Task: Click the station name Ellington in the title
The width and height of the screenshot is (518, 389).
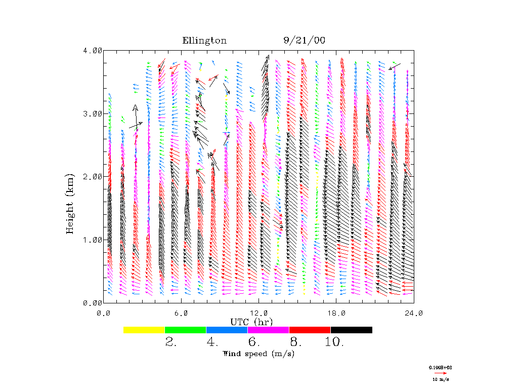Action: (x=204, y=41)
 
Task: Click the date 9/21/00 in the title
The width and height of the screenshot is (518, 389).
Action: (x=305, y=41)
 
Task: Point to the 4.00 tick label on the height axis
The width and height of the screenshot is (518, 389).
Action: (x=93, y=51)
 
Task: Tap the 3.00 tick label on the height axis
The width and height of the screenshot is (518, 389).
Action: (x=93, y=113)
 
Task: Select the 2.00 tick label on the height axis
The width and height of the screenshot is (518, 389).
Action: (x=93, y=176)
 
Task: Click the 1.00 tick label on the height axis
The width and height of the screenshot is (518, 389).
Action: (x=93, y=240)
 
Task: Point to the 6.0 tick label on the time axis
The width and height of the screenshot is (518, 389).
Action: (x=182, y=314)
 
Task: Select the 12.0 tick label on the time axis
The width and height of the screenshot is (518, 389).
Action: (x=259, y=314)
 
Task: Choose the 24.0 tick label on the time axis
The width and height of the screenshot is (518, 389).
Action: (x=414, y=314)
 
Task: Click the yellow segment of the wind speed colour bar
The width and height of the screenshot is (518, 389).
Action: (x=144, y=330)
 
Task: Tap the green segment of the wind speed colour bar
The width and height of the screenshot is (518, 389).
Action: (x=186, y=330)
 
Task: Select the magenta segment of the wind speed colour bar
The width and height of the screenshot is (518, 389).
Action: (x=269, y=330)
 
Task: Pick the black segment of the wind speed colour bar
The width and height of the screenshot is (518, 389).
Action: (x=352, y=330)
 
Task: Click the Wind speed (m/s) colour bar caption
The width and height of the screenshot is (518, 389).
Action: (x=258, y=354)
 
